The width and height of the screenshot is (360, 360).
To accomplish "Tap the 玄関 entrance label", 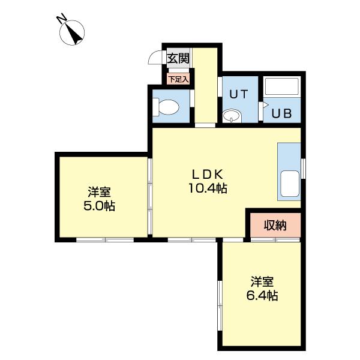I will (x=178, y=58).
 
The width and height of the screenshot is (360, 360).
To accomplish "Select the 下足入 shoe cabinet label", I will (x=178, y=78).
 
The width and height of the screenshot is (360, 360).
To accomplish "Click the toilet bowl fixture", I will (x=167, y=108).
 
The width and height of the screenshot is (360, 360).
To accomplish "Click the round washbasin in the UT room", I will (x=231, y=116).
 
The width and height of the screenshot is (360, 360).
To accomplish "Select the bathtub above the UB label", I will (x=281, y=88).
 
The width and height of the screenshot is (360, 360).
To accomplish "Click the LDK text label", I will (x=208, y=174).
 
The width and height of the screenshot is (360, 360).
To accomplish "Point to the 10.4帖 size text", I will (x=208, y=188).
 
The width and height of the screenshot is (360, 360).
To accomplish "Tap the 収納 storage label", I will (x=275, y=226).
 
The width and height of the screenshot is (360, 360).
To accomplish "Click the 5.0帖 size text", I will (x=99, y=206).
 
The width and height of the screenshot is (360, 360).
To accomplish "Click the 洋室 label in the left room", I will (x=99, y=193).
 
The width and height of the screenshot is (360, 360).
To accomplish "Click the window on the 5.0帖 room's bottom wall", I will (x=105, y=239).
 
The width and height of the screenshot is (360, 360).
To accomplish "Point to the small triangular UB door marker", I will (x=262, y=104).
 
